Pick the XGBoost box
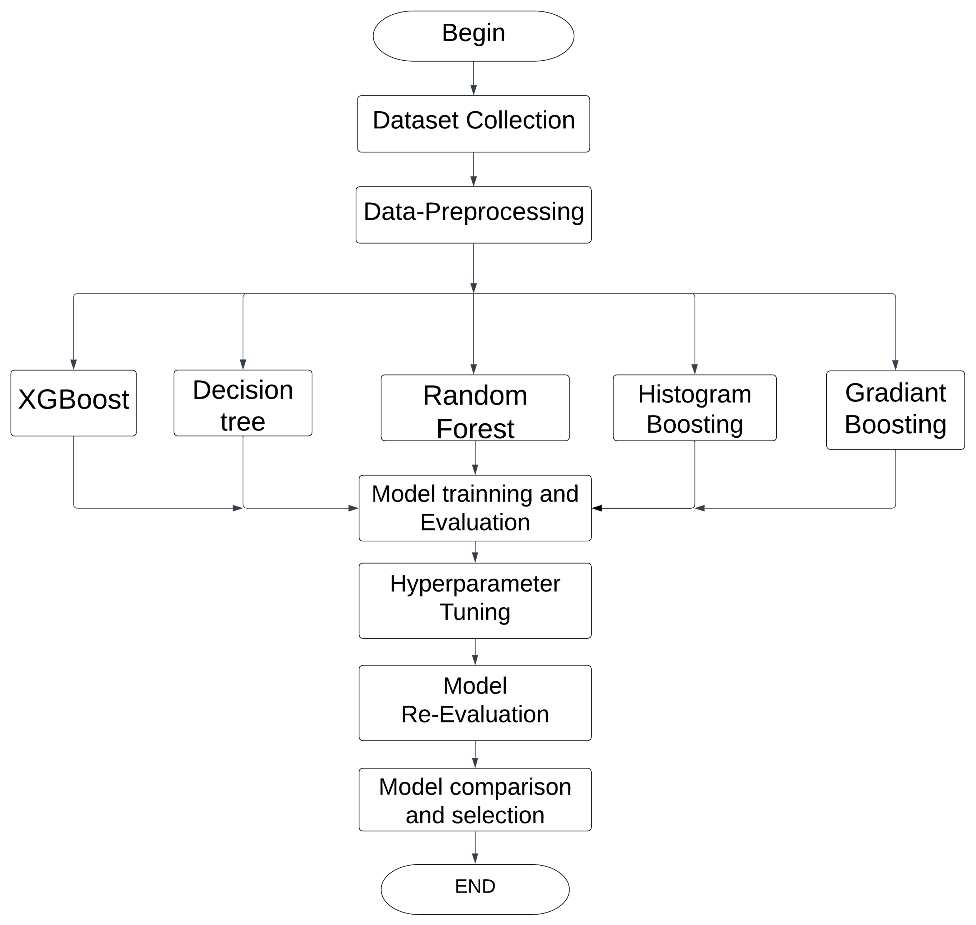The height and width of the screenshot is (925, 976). tap(73, 403)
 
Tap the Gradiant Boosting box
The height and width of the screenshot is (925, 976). tap(895, 410)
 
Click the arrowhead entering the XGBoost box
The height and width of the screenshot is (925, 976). tap(73, 364)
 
